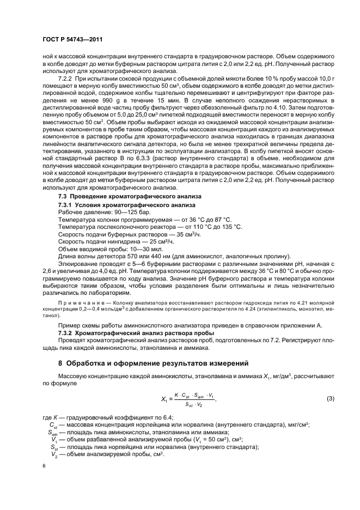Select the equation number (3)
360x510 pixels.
pos(330,399)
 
